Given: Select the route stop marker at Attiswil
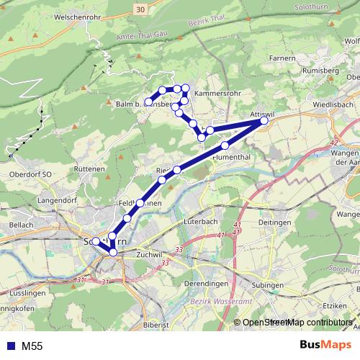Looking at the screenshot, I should point(264,121).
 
